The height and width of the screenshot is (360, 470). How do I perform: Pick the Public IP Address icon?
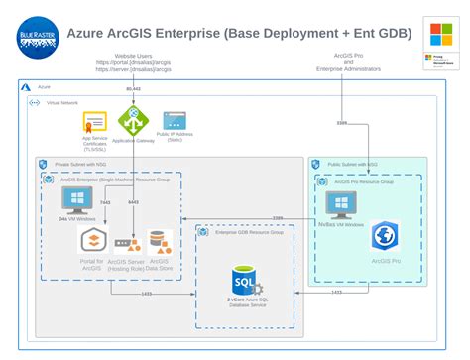click(x=176, y=121)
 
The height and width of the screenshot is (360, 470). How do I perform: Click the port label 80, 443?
click(x=133, y=90)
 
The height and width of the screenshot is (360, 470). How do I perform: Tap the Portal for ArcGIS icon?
click(x=91, y=241)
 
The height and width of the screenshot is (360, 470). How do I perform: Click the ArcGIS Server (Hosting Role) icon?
click(x=125, y=244)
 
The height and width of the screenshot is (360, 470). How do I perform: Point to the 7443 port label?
click(x=105, y=202)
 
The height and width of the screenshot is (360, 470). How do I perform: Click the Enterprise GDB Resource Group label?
click(x=242, y=230)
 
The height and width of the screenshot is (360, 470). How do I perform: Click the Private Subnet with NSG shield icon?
click(x=43, y=164)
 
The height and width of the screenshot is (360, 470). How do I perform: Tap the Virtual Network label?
click(x=62, y=102)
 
